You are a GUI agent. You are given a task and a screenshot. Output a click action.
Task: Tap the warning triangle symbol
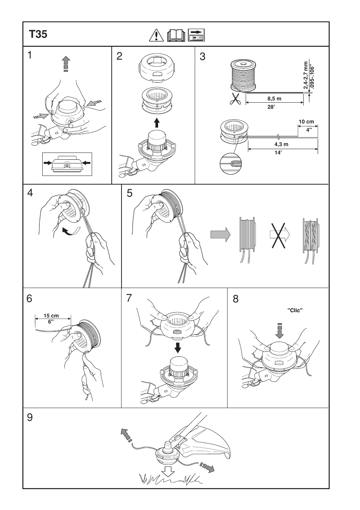155,35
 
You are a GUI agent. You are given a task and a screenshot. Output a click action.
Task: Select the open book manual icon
176,35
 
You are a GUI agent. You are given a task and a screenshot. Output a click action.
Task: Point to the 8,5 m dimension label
274,99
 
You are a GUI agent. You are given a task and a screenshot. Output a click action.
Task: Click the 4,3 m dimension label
281,144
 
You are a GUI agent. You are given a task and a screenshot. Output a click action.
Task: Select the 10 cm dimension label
306,122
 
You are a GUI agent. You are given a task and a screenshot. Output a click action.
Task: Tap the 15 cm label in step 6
51,316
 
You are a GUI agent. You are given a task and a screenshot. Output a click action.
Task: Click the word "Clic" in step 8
295,310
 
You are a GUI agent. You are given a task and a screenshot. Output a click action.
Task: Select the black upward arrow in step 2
157,122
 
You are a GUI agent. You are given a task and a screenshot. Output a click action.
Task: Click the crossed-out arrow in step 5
279,234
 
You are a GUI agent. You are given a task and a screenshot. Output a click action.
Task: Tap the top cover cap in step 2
156,68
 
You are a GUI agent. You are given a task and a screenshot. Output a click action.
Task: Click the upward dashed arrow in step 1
66,63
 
